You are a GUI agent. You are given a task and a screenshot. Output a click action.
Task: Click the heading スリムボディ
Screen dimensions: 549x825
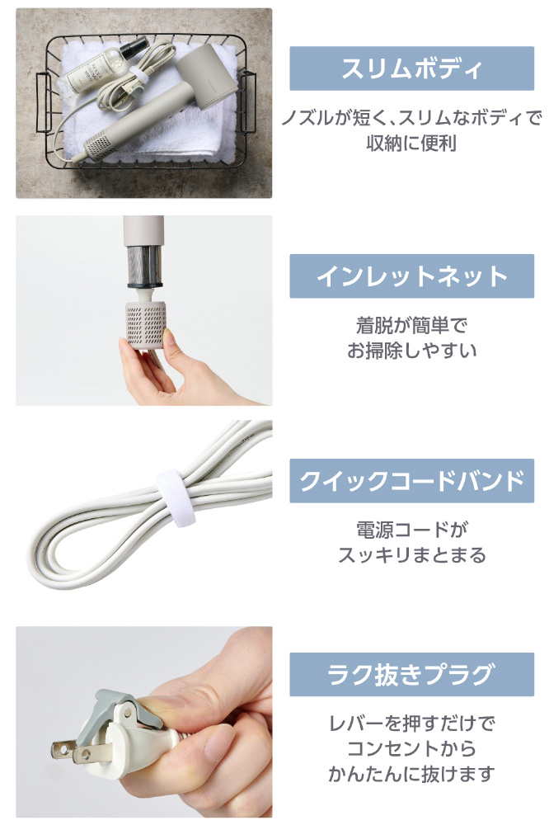412,68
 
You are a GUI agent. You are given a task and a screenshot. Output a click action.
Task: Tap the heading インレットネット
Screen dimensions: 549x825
412,276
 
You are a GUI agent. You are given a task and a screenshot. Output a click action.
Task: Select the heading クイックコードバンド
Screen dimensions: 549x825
412,481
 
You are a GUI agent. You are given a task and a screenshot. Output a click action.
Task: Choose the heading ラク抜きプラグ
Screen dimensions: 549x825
412,675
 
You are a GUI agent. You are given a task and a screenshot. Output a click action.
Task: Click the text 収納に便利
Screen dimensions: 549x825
411,143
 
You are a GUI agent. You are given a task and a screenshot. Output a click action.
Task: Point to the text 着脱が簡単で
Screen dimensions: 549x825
412,326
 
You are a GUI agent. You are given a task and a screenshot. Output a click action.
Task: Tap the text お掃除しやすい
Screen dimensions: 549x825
412,351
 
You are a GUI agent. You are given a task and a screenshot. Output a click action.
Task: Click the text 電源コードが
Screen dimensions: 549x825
412,530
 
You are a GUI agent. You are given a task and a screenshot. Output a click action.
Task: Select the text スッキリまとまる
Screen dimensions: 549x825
412,555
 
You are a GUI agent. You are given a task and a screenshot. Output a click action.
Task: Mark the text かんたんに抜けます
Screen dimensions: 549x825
412,774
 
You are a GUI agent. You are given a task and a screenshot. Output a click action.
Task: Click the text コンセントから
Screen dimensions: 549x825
412,748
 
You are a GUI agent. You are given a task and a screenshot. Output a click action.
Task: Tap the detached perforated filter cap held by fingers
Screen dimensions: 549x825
146,324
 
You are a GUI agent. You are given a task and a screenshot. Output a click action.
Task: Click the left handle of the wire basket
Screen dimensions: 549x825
44,102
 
